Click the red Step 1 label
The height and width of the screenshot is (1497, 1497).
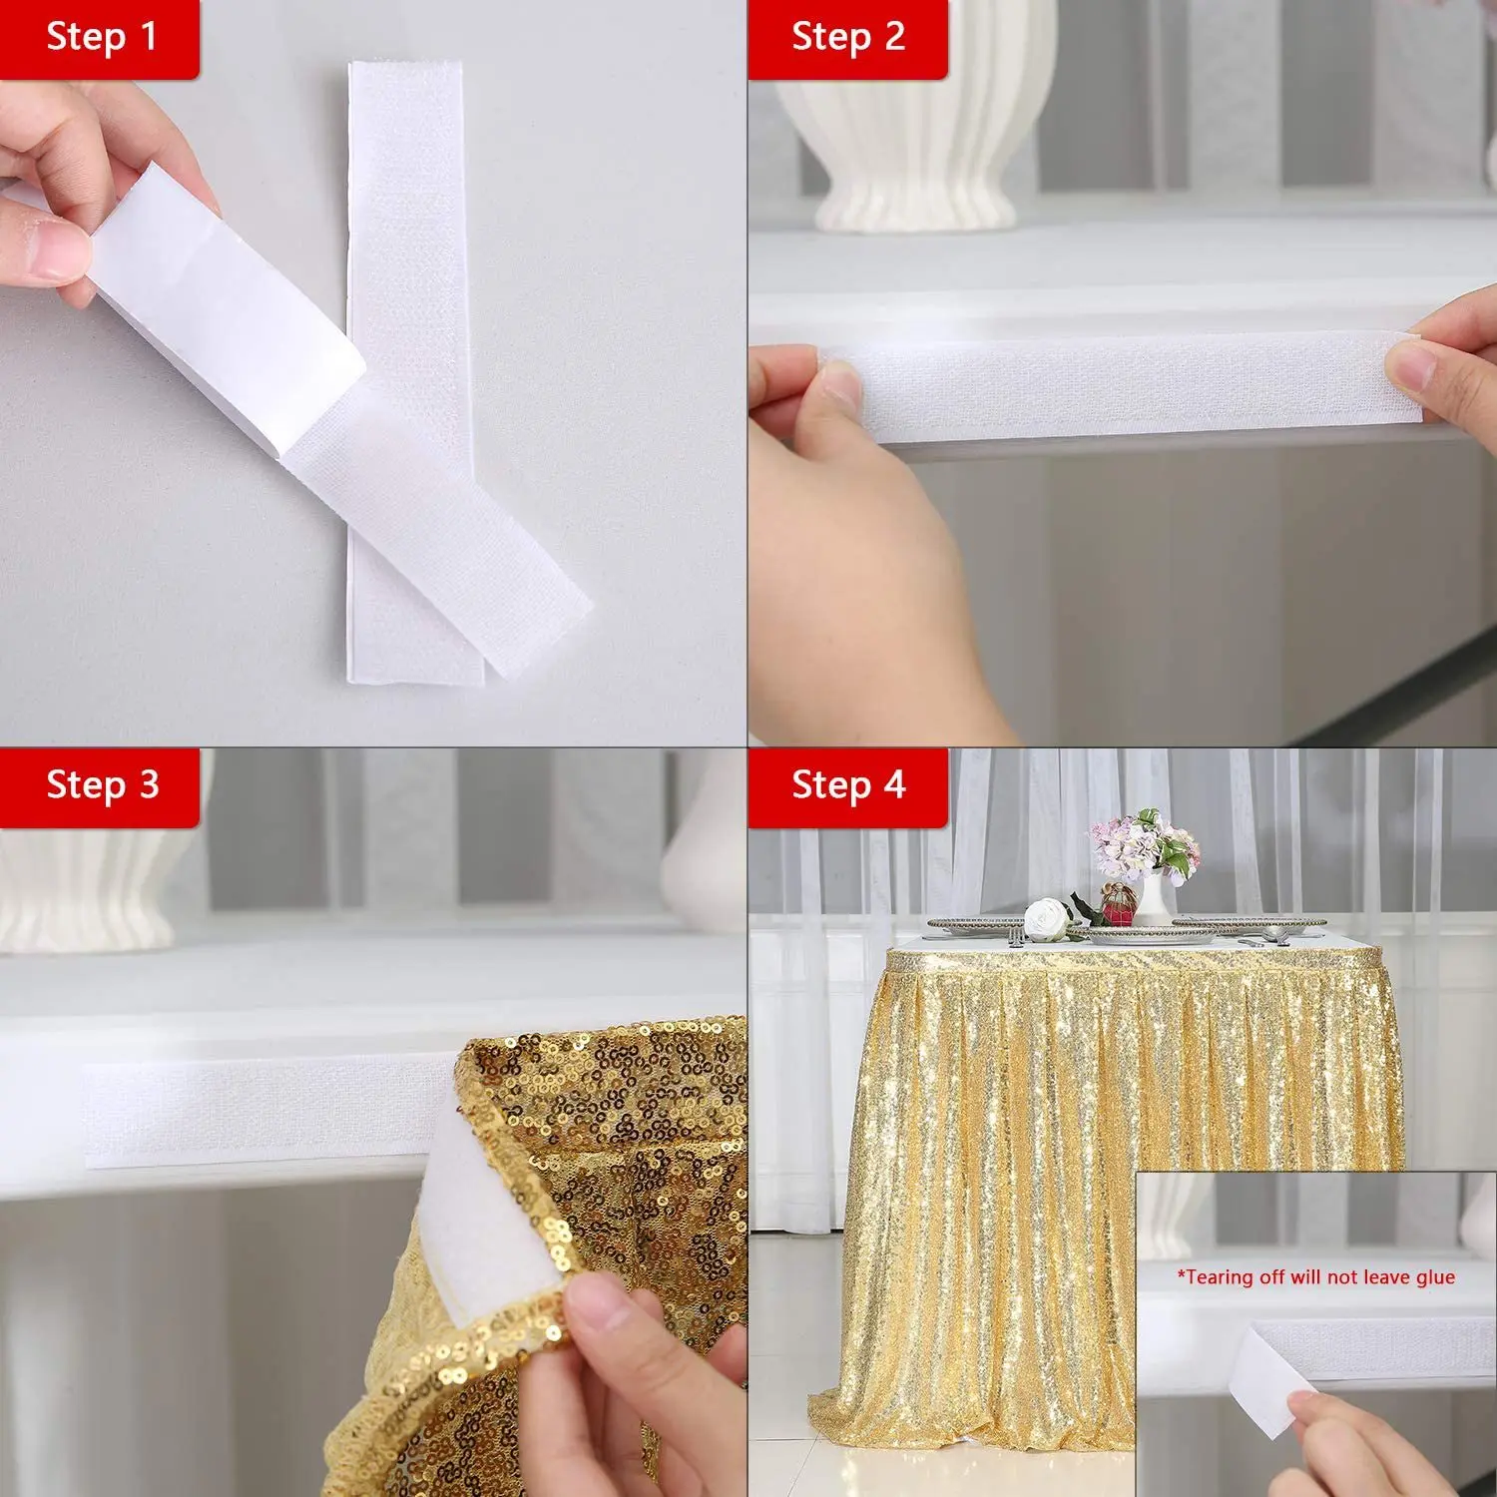[100, 38]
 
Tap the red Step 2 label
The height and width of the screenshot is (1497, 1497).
[847, 38]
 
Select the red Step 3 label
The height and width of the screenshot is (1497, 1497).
[100, 785]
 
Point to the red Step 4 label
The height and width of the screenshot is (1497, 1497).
[847, 785]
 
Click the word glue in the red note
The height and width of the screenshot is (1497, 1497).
[1433, 1277]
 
